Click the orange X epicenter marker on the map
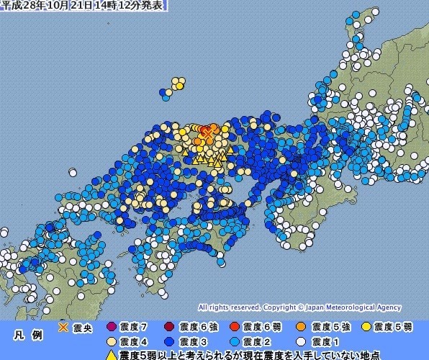(x=207, y=132)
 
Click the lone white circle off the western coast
(x=73, y=173)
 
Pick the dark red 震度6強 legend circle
(x=170, y=326)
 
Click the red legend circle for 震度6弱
(x=235, y=326)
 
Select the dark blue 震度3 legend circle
(x=170, y=341)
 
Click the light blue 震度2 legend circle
(x=235, y=341)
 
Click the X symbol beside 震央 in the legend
(x=64, y=325)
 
